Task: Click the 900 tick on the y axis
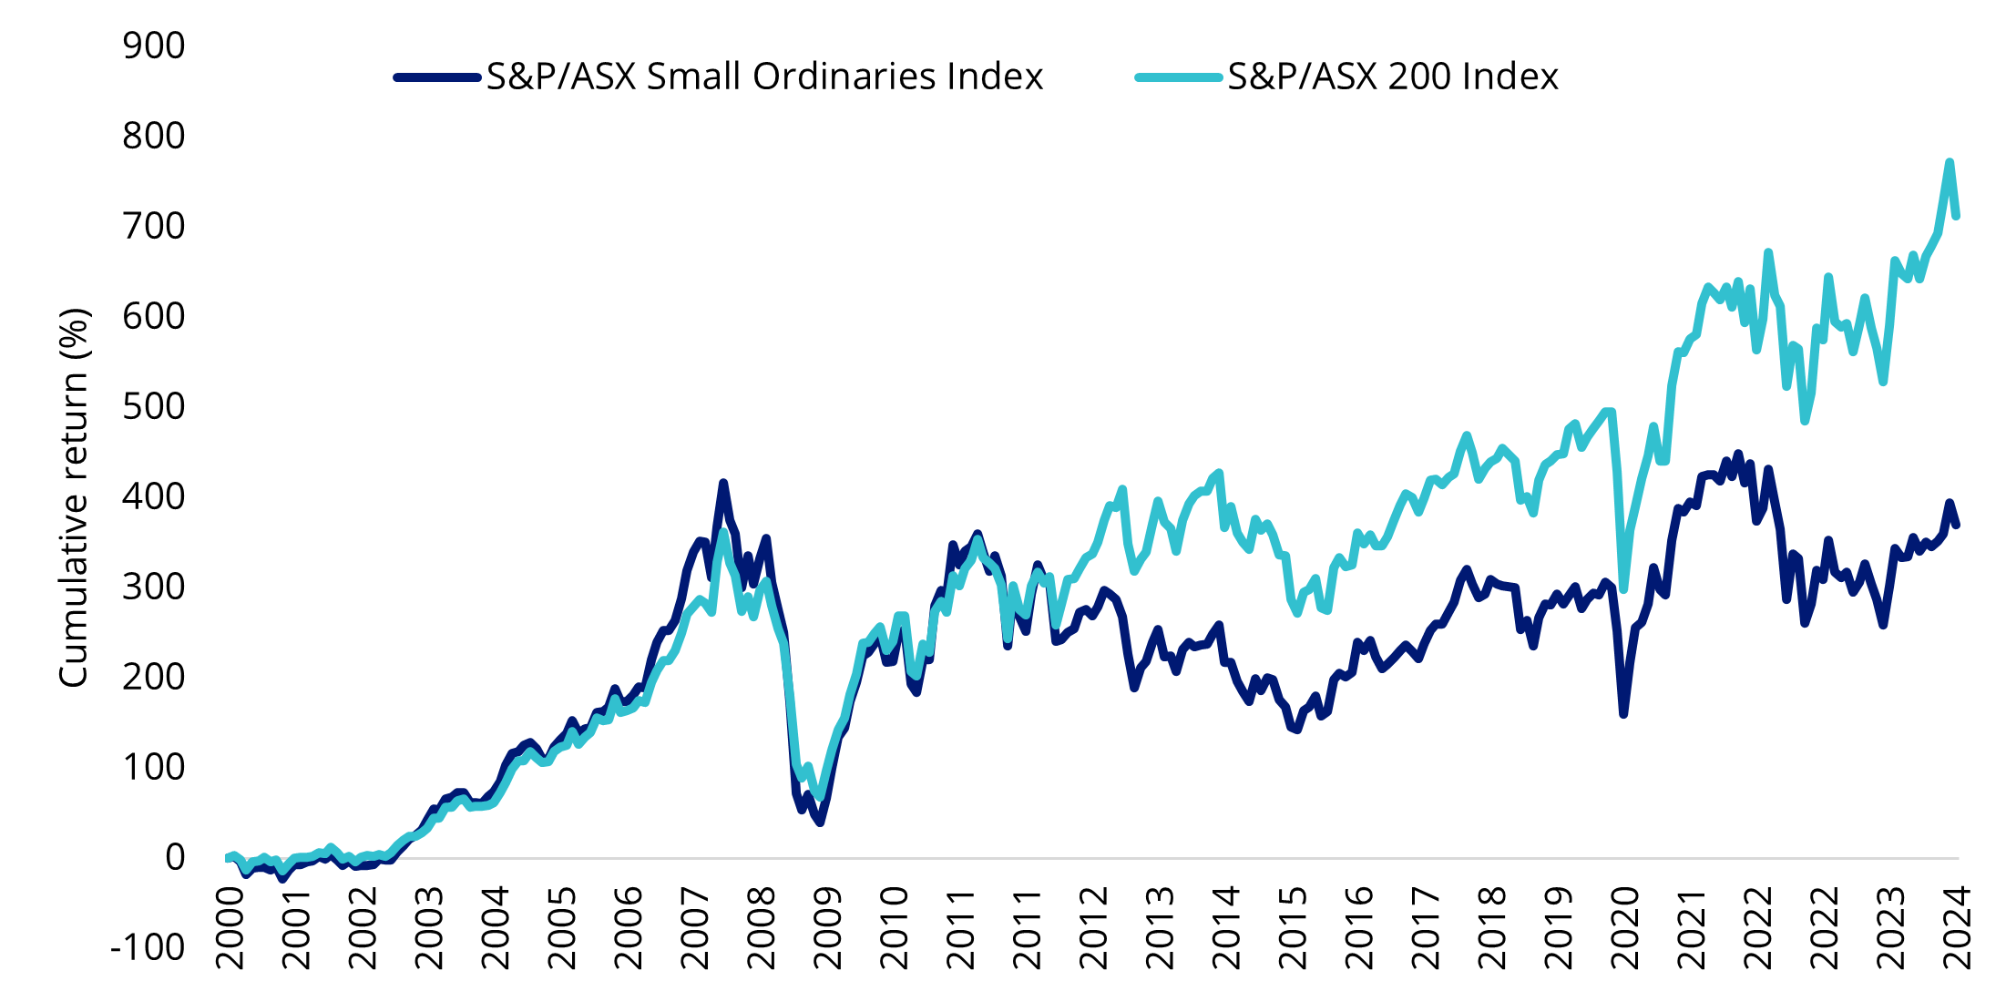pyautogui.click(x=153, y=46)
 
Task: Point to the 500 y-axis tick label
pyautogui.click(x=153, y=406)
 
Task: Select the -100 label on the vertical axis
pyautogui.click(x=148, y=947)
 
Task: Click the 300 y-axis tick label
pyautogui.click(x=153, y=587)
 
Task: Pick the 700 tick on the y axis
pyautogui.click(x=153, y=226)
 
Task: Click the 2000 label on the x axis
pyautogui.click(x=230, y=927)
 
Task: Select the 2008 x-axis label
pyautogui.click(x=762, y=927)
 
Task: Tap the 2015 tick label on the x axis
pyautogui.click(x=1293, y=927)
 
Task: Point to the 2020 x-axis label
pyautogui.click(x=1625, y=927)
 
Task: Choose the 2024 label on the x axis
pyautogui.click(x=1957, y=927)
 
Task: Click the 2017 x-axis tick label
pyautogui.click(x=1426, y=927)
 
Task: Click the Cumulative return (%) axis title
pyautogui.click(x=74, y=497)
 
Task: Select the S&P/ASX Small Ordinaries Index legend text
pyautogui.click(x=764, y=77)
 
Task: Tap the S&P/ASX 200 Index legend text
pyautogui.click(x=1393, y=77)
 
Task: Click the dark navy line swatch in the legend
pyautogui.click(x=437, y=77)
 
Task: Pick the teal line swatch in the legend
pyautogui.click(x=1178, y=77)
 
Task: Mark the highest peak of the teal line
pyautogui.click(x=1950, y=162)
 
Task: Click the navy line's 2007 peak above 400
pyautogui.click(x=723, y=483)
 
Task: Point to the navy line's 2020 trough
pyautogui.click(x=1623, y=714)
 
